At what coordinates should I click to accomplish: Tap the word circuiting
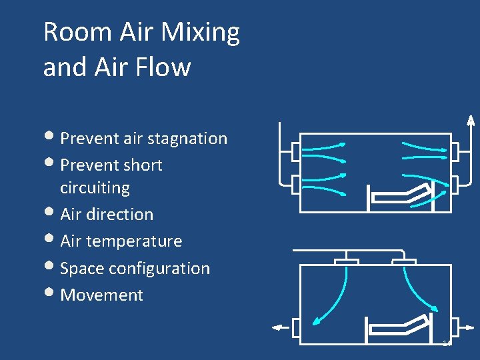(95, 188)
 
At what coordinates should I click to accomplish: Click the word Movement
(101, 295)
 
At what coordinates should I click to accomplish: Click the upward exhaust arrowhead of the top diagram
(470, 120)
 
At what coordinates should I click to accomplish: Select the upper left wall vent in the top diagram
(297, 152)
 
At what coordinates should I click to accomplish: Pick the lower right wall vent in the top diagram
(455, 183)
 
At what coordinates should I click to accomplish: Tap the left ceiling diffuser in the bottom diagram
(346, 261)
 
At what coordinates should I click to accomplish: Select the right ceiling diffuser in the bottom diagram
(405, 261)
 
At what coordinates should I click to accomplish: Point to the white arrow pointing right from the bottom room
(468, 327)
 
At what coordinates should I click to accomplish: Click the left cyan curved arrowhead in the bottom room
(315, 320)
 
